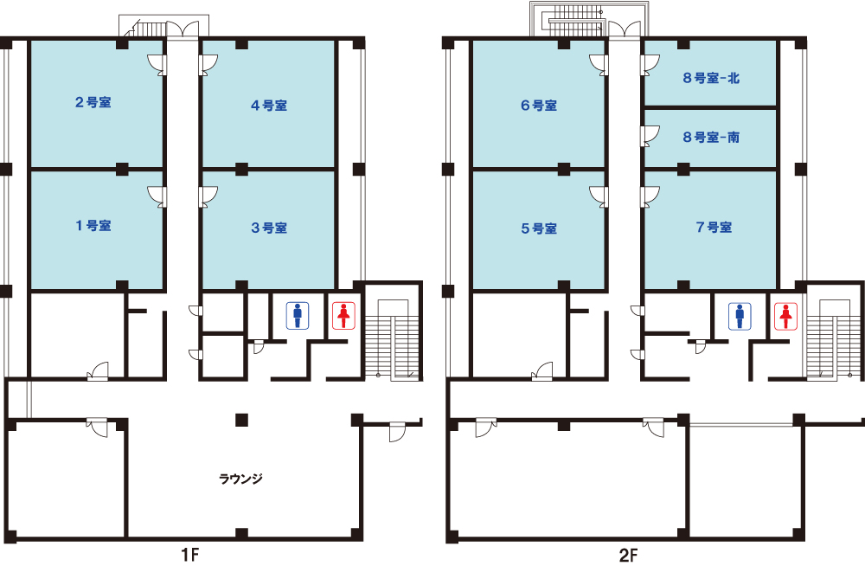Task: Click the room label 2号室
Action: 93,102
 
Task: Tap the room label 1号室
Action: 93,225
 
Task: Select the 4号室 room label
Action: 269,105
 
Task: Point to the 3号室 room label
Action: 269,228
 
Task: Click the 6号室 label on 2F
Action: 539,105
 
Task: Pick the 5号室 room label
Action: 539,228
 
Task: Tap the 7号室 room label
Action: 714,227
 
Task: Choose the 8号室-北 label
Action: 711,78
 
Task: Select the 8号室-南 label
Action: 711,137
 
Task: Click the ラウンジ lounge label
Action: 241,479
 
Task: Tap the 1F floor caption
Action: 190,555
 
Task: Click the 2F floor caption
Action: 628,555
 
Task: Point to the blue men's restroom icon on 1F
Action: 298,315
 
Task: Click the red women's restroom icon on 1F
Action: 343,315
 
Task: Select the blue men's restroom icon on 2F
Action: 740,316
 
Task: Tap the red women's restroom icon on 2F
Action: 785,316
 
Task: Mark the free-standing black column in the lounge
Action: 241,420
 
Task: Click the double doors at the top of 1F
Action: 183,29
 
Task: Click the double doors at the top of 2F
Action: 624,29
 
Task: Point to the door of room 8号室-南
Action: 650,136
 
